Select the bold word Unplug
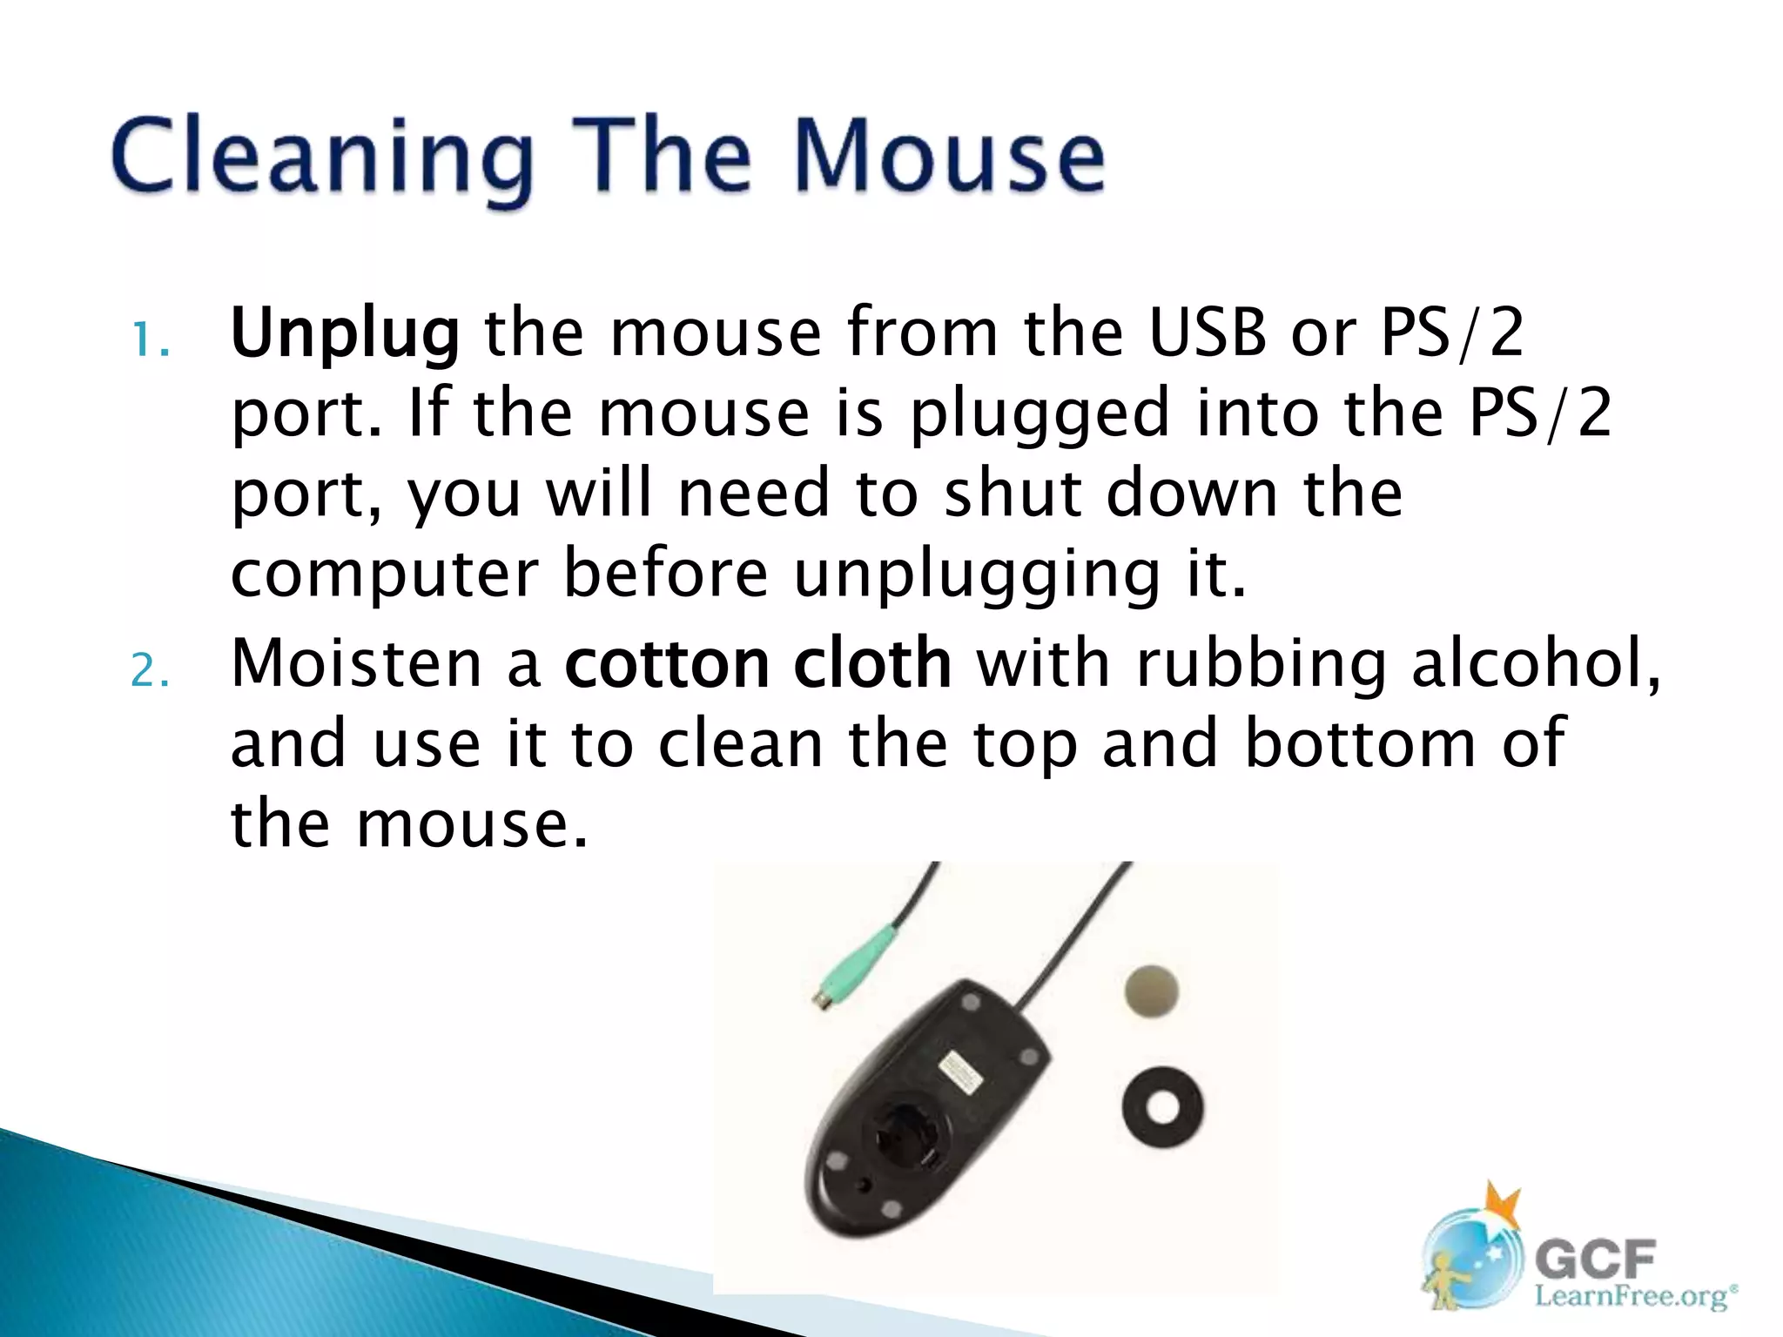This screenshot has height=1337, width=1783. [x=345, y=335]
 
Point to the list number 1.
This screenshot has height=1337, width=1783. [x=149, y=340]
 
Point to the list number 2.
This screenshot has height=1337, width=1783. [x=149, y=671]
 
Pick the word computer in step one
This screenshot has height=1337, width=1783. [x=385, y=574]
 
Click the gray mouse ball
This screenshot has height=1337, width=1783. [x=1152, y=991]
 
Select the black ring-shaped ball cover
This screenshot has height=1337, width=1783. [x=1163, y=1108]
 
